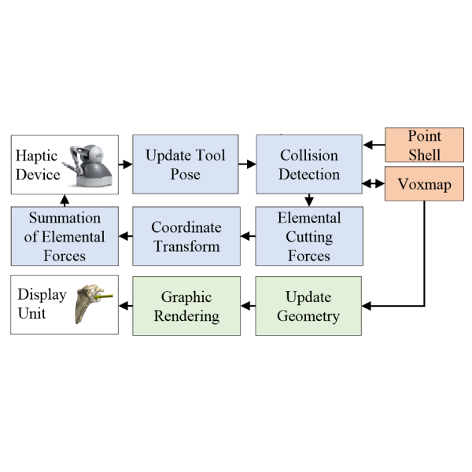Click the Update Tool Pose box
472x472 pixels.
tap(185, 164)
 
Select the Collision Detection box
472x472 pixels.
tap(309, 164)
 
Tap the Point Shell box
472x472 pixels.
tap(423, 145)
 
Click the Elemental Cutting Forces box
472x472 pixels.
tap(309, 236)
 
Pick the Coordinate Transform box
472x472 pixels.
tap(185, 236)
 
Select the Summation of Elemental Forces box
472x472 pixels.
tap(65, 236)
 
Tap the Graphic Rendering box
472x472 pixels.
tap(185, 305)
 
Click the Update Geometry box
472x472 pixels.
tap(309, 305)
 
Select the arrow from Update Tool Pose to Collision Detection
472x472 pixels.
tap(247, 164)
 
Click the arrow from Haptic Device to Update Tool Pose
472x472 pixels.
tap(124, 164)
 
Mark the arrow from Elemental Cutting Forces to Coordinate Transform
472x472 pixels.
tap(247, 235)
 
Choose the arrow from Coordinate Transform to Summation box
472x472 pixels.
tap(124, 235)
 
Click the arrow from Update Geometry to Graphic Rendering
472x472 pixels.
tap(247, 305)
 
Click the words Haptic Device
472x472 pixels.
tap(39, 164)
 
